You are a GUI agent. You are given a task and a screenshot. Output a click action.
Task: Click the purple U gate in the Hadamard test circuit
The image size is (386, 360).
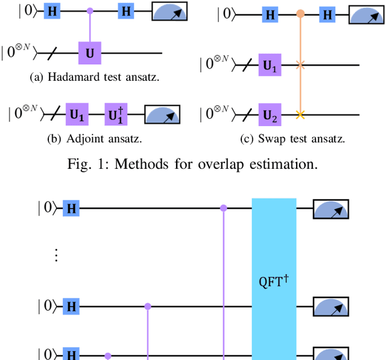[x=90, y=53]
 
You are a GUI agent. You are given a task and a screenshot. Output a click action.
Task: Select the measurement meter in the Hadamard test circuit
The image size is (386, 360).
[x=169, y=11]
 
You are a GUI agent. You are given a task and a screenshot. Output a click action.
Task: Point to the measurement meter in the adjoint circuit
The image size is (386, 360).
[x=163, y=113]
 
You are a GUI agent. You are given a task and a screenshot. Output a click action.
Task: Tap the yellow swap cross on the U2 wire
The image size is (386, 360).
[x=300, y=113]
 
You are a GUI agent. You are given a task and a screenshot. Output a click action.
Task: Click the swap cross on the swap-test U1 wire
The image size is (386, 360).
[x=300, y=63]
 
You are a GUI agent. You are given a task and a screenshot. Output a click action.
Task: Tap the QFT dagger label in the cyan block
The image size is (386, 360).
[x=274, y=281]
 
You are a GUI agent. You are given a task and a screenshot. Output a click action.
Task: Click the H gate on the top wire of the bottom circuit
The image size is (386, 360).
[x=72, y=209]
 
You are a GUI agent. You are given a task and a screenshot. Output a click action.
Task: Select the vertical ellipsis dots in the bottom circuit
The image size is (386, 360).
[x=56, y=255]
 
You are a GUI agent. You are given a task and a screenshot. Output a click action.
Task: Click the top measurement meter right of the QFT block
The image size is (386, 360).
[x=331, y=209]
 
